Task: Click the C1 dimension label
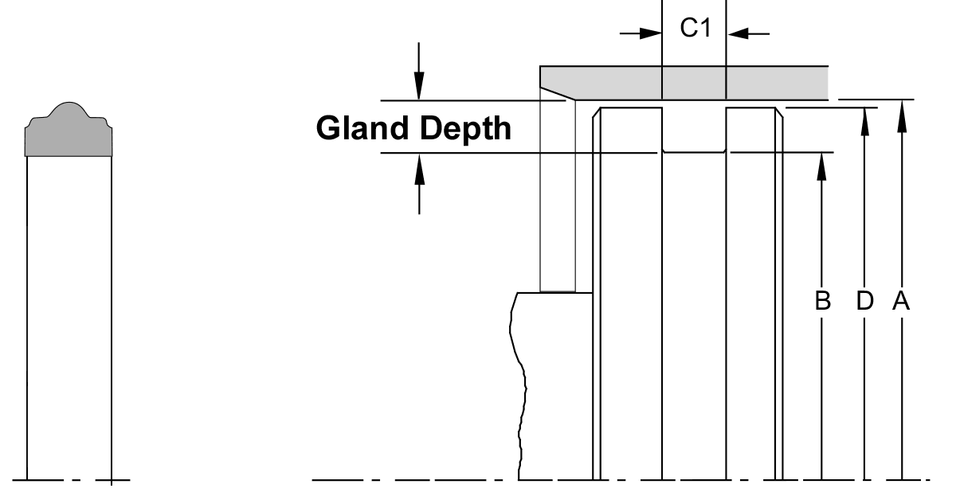(x=695, y=29)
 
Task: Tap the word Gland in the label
(x=363, y=127)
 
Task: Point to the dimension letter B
(x=822, y=301)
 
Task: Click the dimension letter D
(x=864, y=301)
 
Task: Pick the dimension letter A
(x=901, y=301)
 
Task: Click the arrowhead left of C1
(x=652, y=33)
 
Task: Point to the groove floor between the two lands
(x=694, y=151)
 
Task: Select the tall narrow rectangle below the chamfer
(x=558, y=199)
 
